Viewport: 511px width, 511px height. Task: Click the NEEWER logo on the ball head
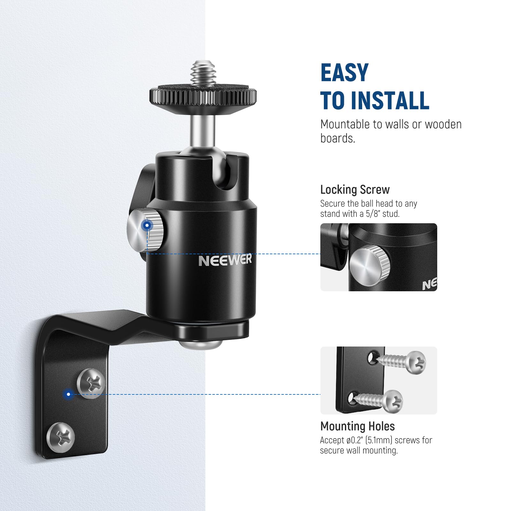pos(225,260)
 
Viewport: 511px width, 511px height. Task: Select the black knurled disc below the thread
pos(203,96)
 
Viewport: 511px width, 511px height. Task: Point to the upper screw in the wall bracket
pos(91,383)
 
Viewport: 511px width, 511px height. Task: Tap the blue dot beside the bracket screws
pos(68,394)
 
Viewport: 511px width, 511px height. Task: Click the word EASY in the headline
pos(344,73)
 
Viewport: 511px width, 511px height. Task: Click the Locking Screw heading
pos(355,190)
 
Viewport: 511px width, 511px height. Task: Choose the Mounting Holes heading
pos(357,426)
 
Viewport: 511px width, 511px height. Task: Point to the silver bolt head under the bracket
pos(200,344)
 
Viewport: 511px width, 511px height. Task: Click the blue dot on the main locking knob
pos(147,226)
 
